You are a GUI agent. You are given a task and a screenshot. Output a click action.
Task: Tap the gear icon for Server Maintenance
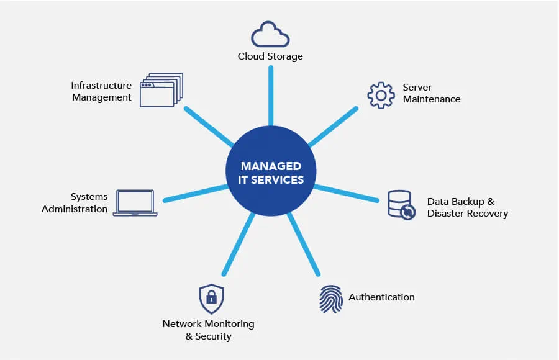[381, 95]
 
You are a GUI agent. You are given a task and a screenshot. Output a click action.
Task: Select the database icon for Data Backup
[401, 205]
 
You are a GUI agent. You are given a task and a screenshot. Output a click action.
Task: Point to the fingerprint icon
[330, 299]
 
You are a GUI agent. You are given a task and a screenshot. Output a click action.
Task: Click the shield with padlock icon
[211, 299]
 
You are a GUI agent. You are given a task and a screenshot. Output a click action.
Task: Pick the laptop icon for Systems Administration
[135, 203]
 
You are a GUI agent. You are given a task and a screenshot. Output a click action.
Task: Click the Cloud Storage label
[270, 56]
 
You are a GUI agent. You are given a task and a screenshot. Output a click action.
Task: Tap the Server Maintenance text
[432, 93]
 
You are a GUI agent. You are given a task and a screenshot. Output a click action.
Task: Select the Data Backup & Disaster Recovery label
[467, 207]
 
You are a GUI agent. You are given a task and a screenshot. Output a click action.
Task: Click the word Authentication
[381, 297]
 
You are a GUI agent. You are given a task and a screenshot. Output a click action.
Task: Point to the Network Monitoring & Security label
[208, 330]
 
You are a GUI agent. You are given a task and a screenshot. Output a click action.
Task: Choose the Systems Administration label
[75, 203]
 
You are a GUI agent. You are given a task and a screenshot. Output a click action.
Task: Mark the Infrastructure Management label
[101, 91]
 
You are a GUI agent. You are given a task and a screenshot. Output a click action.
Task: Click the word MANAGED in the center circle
[271, 166]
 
